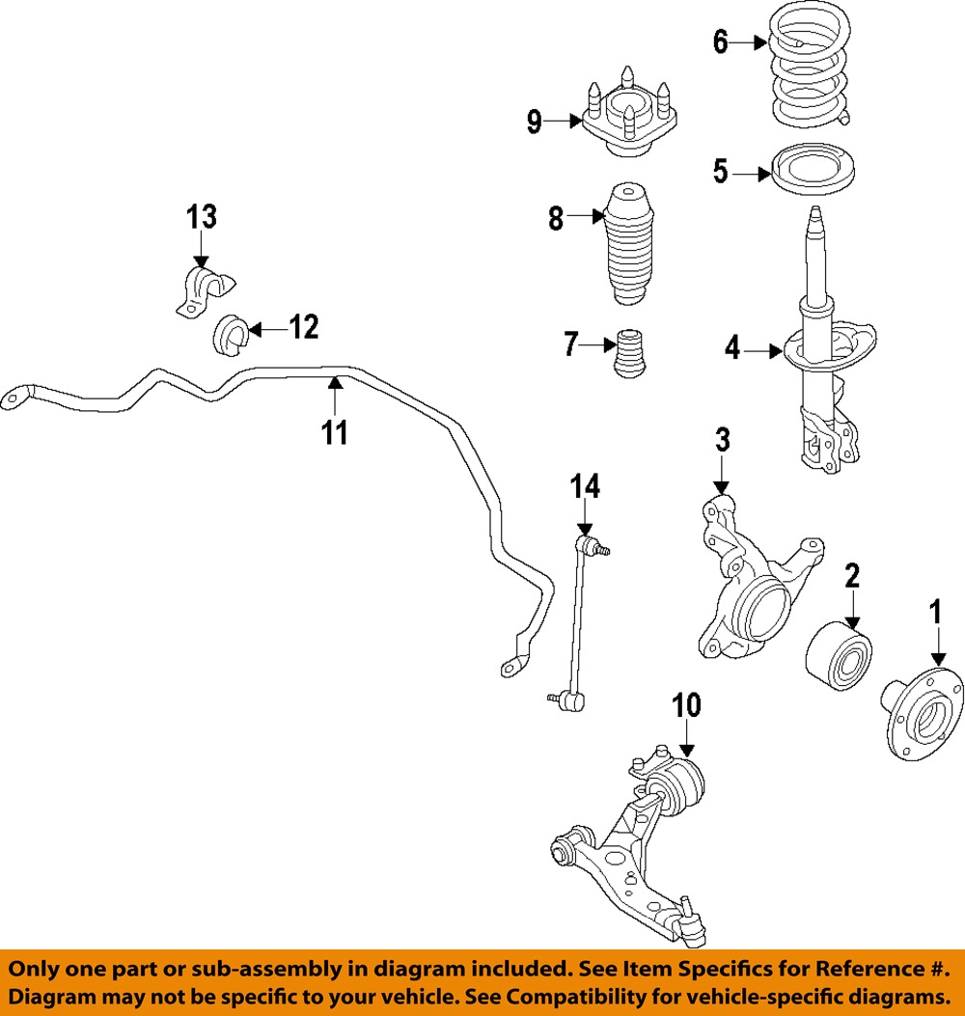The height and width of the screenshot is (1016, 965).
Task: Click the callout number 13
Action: (x=202, y=217)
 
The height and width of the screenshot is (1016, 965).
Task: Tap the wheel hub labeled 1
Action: (x=923, y=715)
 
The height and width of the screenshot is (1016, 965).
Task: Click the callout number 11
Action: (x=334, y=431)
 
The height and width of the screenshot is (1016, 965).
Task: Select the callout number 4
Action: (x=732, y=348)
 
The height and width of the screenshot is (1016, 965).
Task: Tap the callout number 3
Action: (x=722, y=441)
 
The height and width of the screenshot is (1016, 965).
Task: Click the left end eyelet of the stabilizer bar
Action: (x=15, y=395)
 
